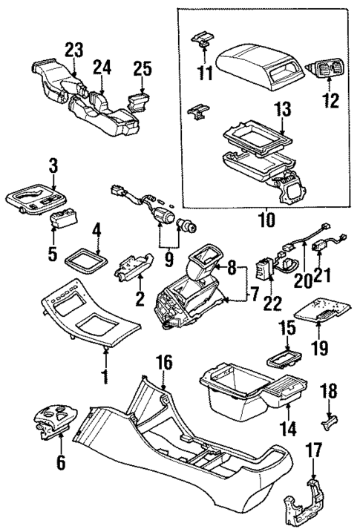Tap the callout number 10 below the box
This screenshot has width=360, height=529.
coord(265,220)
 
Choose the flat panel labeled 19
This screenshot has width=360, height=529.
coord(318,309)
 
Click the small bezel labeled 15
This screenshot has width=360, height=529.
coord(285,361)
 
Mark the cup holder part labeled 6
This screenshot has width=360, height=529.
coord(54,422)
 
